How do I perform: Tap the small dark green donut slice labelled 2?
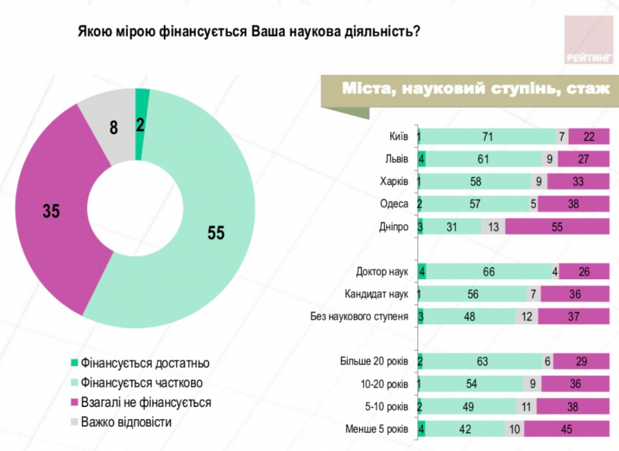tap(141, 124)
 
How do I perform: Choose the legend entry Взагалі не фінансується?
tap(146, 402)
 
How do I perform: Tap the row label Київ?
tap(399, 137)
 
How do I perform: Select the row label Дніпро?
tap(395, 227)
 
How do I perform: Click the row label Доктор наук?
tap(382, 272)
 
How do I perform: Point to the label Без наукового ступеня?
tap(359, 316)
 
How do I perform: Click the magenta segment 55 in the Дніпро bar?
tap(557, 227)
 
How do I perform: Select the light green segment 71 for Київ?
tap(487, 137)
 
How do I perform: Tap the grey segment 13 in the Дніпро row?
tap(493, 227)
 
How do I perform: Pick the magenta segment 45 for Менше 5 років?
tap(566, 429)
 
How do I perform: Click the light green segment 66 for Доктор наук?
tap(488, 272)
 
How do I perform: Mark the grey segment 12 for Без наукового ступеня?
tap(526, 316)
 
